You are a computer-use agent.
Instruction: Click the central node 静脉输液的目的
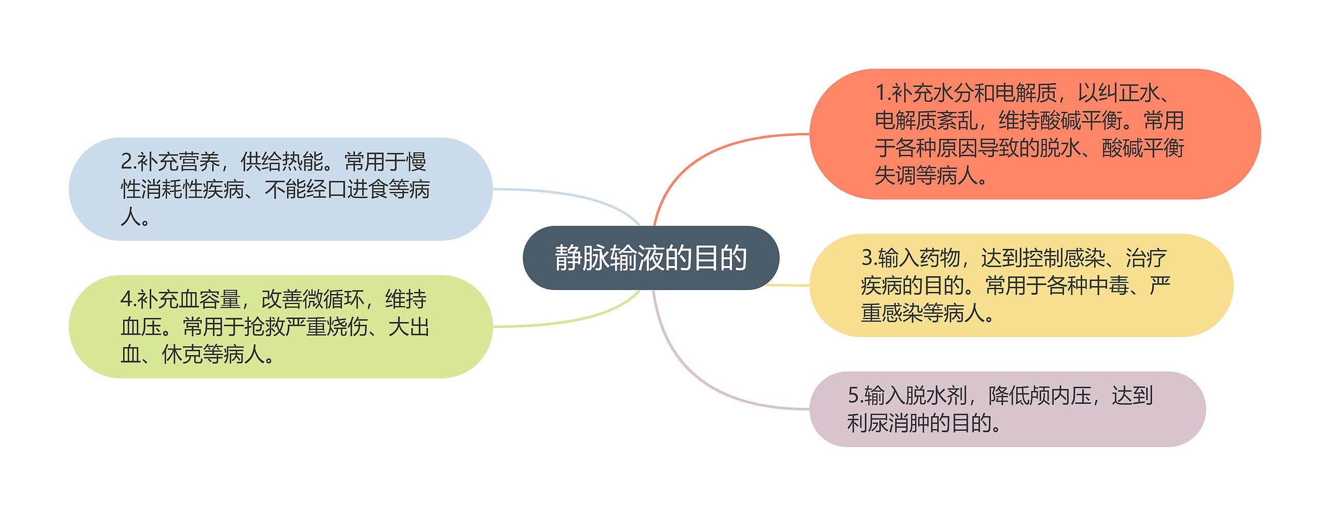(650, 258)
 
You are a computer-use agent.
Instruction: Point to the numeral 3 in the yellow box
(867, 257)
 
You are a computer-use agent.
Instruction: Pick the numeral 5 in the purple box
(853, 395)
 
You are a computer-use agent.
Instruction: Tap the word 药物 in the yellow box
(939, 257)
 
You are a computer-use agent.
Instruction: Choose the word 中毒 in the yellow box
(1109, 285)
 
